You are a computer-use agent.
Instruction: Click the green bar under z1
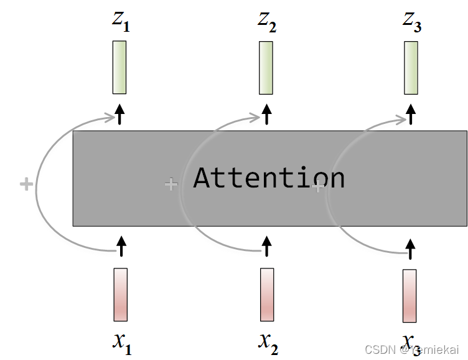coord(119,67)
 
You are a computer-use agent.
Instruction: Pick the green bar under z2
coord(266,67)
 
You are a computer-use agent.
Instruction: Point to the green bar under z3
coord(411,67)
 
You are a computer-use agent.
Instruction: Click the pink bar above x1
coord(121,294)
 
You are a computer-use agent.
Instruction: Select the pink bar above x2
coord(267,294)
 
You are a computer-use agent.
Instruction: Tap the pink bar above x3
coord(409,296)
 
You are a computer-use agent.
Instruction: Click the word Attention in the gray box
coord(269,178)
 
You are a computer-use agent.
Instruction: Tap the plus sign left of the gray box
coord(26,184)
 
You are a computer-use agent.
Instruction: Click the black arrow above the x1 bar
coord(121,245)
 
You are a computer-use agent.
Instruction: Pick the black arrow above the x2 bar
coord(268,245)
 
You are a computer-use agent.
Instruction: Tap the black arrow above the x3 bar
coord(410,248)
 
